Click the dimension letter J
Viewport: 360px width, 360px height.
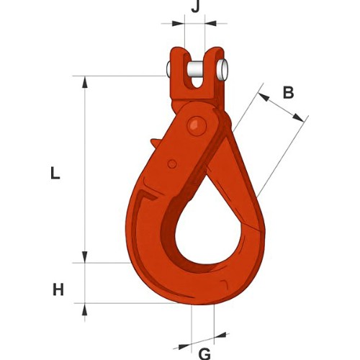195,7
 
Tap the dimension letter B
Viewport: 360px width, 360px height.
289,92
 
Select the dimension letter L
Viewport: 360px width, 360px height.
55,174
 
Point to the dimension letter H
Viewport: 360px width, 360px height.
58,289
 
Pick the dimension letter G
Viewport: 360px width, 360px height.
204,354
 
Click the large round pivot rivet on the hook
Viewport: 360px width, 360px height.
197,126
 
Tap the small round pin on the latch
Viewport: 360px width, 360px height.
172,164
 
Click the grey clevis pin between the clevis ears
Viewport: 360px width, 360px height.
197,70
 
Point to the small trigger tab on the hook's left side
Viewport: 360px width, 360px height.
155,144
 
